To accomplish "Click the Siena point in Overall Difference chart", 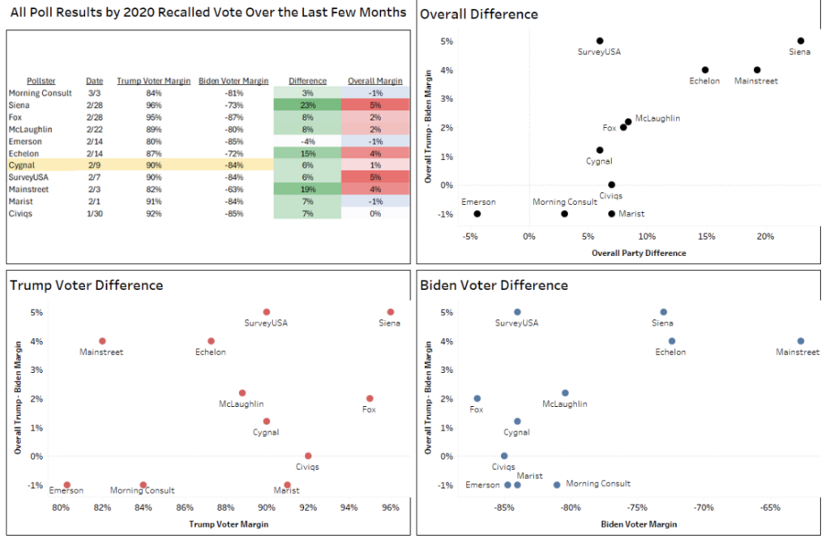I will click(x=800, y=41).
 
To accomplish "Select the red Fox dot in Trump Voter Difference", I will click(x=370, y=398).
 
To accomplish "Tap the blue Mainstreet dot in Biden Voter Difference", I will click(x=800, y=341).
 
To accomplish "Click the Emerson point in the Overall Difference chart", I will click(x=477, y=214).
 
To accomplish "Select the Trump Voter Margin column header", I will click(x=153, y=81).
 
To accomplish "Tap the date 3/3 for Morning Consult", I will click(x=95, y=93).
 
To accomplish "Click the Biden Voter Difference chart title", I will click(x=494, y=285).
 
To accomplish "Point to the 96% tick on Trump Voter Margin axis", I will click(x=391, y=508).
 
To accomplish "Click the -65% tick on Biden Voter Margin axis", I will click(x=770, y=508).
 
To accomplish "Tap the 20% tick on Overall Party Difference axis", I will click(x=764, y=237).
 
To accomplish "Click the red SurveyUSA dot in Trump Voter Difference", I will click(x=266, y=312).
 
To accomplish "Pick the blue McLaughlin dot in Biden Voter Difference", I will click(x=565, y=393).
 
